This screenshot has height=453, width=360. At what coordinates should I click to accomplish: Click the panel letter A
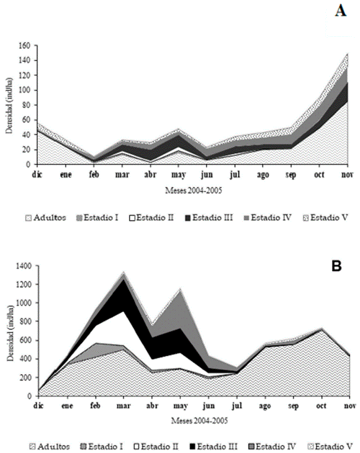pos(341,11)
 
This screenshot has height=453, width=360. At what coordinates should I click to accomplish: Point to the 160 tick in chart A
pos(25,46)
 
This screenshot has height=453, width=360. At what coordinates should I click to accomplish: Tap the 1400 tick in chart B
pos(23,266)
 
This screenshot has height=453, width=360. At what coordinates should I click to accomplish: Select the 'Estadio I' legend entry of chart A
pos(101,217)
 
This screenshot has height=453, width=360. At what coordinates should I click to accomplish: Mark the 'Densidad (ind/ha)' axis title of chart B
pos(9,331)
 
